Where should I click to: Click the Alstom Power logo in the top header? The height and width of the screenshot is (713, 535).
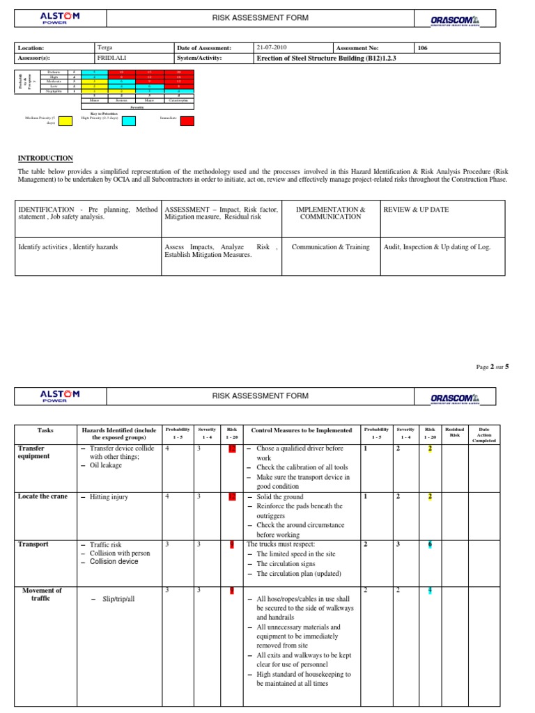pos(60,20)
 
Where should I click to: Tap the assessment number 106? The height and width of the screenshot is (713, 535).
pos(422,48)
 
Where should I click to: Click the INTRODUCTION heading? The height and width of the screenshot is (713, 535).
pos(45,158)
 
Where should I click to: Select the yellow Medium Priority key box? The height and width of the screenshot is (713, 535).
pos(65,121)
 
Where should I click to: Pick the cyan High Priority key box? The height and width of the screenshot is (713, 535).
pos(129,121)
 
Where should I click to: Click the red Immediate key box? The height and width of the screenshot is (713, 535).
pos(187,121)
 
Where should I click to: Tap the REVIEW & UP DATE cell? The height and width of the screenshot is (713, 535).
pos(416,210)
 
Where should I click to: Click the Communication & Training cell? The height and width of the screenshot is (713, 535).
pos(330,246)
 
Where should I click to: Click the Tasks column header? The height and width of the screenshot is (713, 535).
pos(45,430)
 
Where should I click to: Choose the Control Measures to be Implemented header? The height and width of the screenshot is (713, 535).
pos(301,430)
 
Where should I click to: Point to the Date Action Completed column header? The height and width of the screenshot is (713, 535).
pos(484,434)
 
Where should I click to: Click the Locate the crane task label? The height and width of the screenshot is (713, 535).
pos(43,496)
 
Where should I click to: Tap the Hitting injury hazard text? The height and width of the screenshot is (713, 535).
pos(109,497)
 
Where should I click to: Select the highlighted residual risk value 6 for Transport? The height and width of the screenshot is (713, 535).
pos(430,544)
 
